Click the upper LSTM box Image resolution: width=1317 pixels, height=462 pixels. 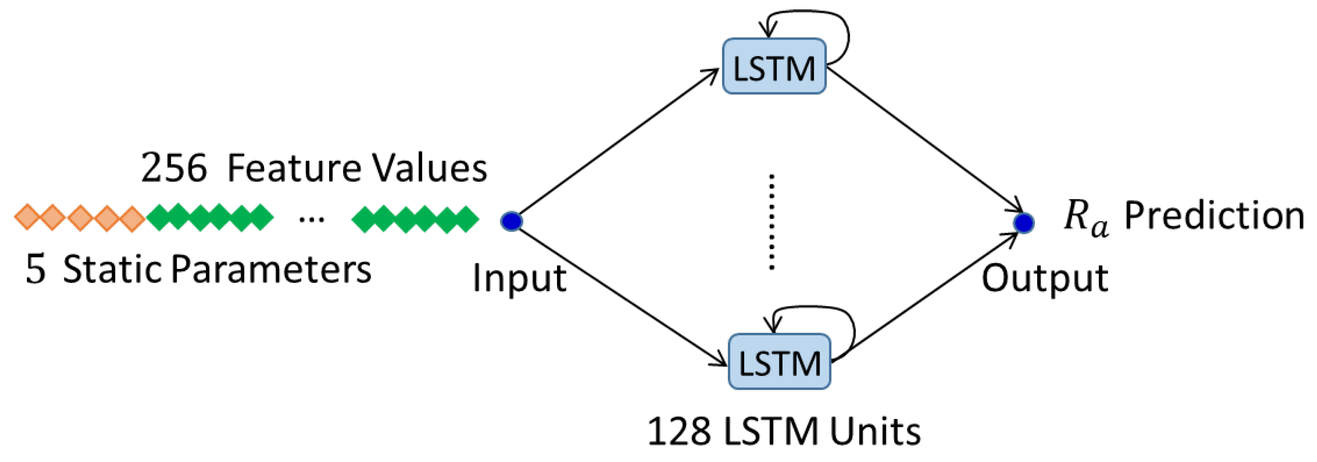[x=774, y=66]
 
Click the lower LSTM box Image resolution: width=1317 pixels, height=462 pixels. [x=779, y=362]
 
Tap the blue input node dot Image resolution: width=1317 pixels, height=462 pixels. [x=511, y=221]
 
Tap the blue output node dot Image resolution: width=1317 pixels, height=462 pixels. [x=1024, y=223]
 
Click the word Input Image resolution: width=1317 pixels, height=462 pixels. [x=519, y=279]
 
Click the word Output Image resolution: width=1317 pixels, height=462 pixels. [x=1045, y=279]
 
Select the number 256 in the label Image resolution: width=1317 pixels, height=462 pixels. [x=174, y=168]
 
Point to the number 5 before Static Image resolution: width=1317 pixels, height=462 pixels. [x=35, y=270]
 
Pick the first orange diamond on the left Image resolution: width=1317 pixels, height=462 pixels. [x=26, y=217]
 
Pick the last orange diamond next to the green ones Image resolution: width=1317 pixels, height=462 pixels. [x=132, y=218]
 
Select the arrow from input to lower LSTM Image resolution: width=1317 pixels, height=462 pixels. [x=618, y=297]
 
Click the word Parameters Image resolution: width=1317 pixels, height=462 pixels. [x=271, y=270]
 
